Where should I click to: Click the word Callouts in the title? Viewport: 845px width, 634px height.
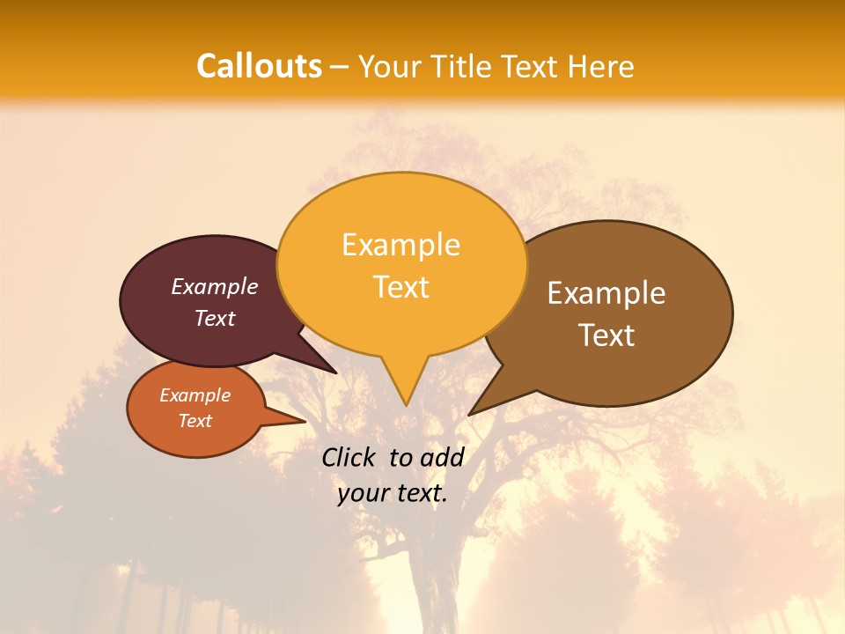click(x=259, y=66)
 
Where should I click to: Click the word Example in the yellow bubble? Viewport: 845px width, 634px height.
click(x=400, y=245)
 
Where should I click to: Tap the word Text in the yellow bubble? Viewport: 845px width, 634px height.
click(x=400, y=287)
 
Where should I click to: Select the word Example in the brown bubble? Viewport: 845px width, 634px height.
click(x=606, y=293)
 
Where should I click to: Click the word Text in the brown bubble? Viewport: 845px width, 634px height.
click(x=606, y=335)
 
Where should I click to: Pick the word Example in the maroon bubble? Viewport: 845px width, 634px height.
click(x=215, y=287)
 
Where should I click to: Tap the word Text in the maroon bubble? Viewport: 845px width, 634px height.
click(x=215, y=318)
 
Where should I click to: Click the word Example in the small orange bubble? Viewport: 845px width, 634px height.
click(x=195, y=395)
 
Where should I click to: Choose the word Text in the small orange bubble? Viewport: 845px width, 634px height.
click(x=195, y=421)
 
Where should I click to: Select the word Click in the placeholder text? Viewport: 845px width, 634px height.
click(x=349, y=457)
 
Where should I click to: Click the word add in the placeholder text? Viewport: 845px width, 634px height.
click(x=442, y=457)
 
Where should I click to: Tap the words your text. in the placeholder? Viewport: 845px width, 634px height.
click(x=392, y=494)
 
